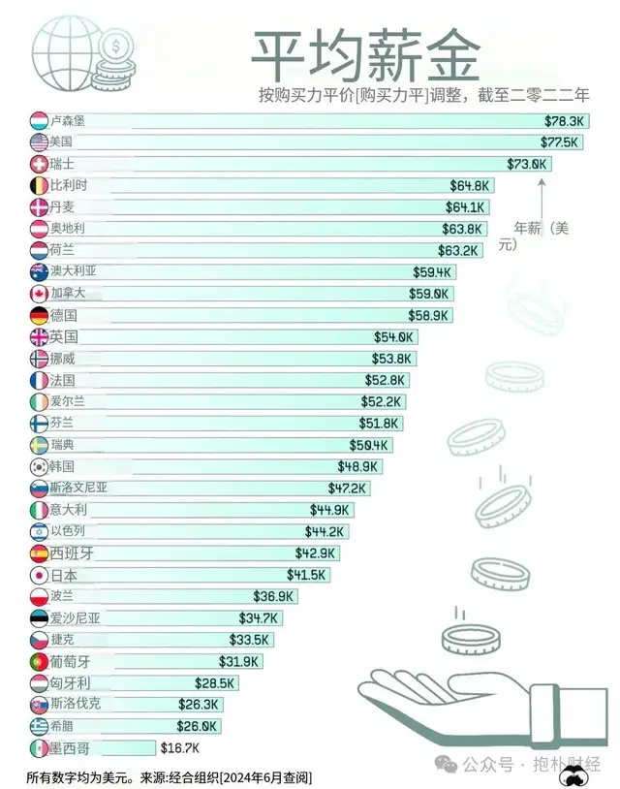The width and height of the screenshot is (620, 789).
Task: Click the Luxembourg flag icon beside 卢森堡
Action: point(39,121)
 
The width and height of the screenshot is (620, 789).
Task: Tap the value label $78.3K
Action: point(564,121)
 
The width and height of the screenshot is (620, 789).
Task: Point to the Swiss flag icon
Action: point(39,164)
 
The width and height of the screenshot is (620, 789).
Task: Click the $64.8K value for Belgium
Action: point(471,185)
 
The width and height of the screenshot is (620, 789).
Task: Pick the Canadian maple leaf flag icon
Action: point(39,294)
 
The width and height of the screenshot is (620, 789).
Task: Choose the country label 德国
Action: point(64,315)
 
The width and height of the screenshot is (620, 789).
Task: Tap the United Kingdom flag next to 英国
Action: point(39,337)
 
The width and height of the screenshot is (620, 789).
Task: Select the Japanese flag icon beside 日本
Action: point(39,575)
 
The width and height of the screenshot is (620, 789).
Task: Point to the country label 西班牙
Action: point(71,552)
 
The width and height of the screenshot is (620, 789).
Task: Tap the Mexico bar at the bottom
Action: point(107,747)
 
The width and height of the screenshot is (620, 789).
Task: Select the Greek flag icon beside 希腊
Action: point(39,726)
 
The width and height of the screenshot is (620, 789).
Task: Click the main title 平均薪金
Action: point(366,55)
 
